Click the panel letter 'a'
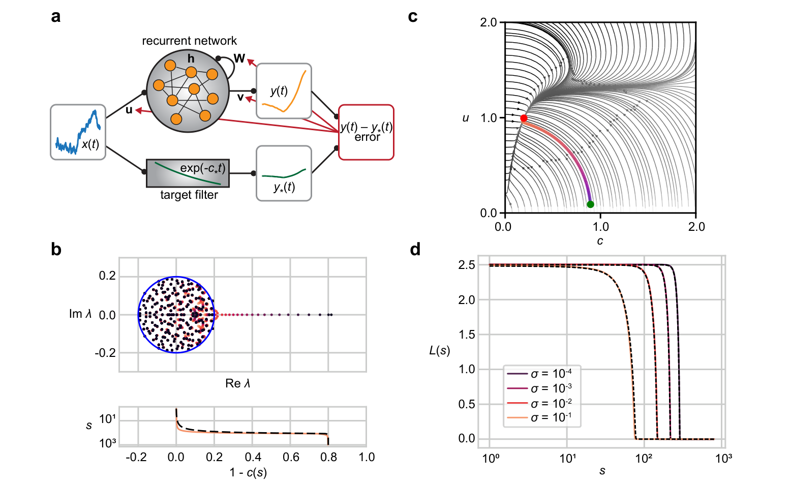55,17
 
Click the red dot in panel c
524,118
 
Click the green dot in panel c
590,204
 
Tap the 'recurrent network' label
189,41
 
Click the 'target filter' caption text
189,195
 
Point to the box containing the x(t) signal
78,132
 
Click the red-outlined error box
366,132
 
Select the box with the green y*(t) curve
284,173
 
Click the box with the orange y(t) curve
284,91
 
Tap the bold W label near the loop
239,58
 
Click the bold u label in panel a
129,110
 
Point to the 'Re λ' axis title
238,383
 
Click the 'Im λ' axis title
80,314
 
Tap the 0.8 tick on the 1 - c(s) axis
328,457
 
